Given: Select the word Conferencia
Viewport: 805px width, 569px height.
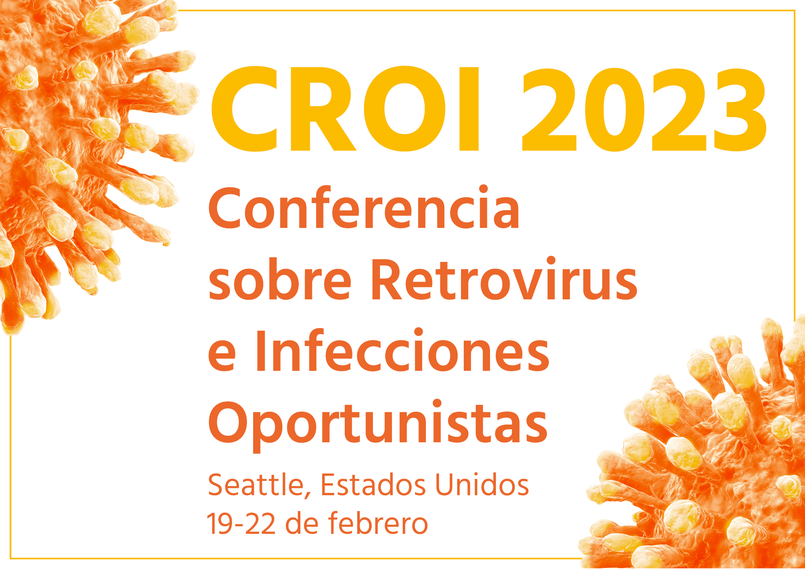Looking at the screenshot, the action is coord(364,208).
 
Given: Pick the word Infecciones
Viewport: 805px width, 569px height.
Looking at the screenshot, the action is coord(402,350).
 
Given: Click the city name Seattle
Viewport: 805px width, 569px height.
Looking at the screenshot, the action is coord(256,484).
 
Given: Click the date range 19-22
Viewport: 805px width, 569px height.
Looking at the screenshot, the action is coord(242,524).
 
